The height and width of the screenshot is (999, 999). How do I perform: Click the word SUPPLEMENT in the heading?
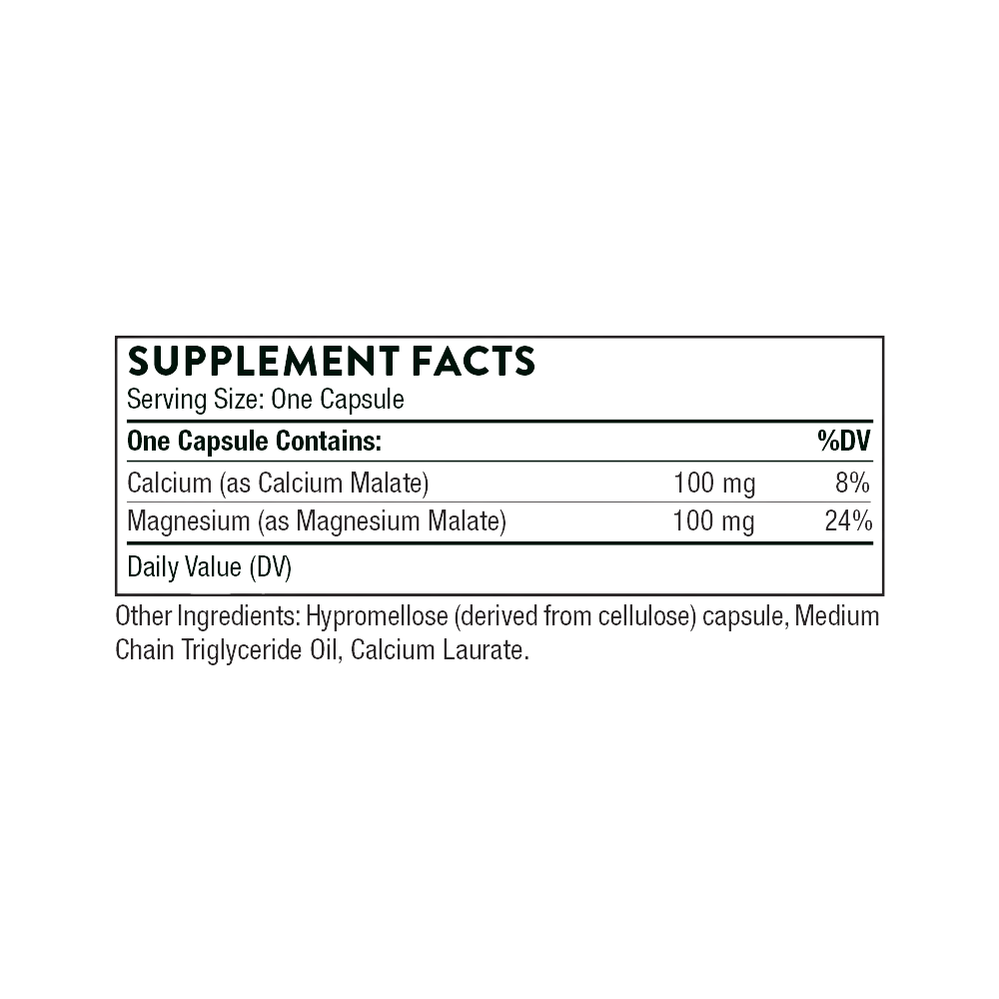tap(263, 361)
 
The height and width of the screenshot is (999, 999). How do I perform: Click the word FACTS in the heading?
tap(474, 361)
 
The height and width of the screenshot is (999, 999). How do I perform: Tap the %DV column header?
tap(844, 441)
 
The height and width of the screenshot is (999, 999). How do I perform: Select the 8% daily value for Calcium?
tap(852, 483)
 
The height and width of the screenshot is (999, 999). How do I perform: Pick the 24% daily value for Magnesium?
tap(848, 521)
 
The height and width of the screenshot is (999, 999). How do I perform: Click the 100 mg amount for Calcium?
tap(714, 484)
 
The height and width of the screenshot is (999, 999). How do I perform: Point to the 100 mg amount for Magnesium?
tap(714, 521)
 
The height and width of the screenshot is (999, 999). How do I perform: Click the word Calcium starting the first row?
tap(170, 483)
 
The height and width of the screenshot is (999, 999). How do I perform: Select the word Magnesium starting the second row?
tap(189, 521)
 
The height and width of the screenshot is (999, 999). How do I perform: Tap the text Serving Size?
tap(196, 401)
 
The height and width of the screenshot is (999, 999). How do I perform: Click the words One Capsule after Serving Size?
tap(338, 401)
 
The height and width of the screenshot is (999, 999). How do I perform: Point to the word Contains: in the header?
tap(329, 441)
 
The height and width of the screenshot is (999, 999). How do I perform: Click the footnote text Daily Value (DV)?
tap(210, 567)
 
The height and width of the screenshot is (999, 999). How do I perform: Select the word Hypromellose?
tap(378, 616)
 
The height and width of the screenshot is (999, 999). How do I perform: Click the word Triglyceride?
tap(242, 650)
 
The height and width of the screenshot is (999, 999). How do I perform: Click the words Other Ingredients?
tap(208, 616)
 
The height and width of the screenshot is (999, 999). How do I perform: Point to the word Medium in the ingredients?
tap(837, 616)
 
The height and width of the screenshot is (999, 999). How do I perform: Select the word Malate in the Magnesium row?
tap(467, 521)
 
